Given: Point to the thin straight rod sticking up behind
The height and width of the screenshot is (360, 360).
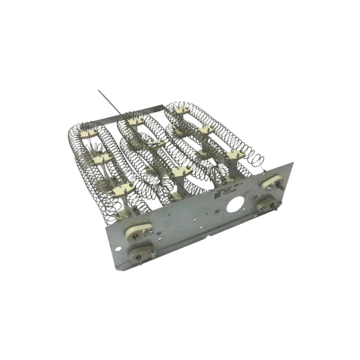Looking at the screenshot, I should click(108, 101).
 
